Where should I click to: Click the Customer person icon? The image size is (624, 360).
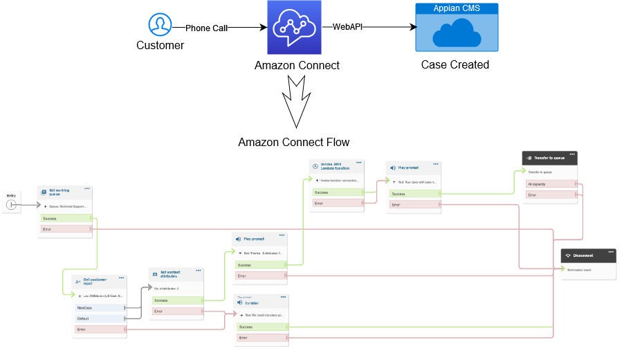tap(160, 25)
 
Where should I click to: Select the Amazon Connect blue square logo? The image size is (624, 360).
tap(295, 28)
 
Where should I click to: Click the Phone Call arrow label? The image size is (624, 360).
tap(207, 28)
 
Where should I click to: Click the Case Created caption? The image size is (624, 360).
tap(455, 64)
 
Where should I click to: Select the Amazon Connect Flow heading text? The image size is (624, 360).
tap(293, 142)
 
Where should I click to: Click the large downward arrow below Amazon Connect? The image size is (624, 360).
tap(295, 101)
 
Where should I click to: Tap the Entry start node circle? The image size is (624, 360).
tap(11, 205)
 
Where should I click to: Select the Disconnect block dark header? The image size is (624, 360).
tap(588, 255)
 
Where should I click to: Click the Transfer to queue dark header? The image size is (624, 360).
tap(549, 158)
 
